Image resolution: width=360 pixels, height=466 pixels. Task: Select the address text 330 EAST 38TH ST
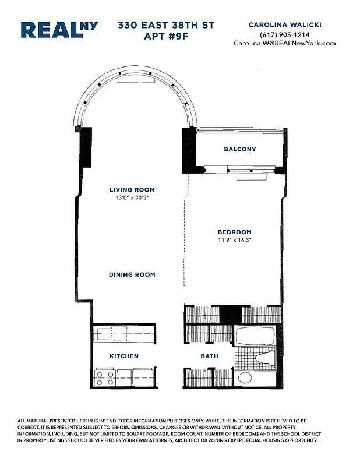click(x=166, y=26)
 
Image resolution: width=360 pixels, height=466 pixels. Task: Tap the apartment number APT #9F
click(x=166, y=37)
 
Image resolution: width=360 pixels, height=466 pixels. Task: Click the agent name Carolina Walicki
click(x=285, y=25)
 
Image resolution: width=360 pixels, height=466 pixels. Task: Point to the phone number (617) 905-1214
click(x=285, y=34)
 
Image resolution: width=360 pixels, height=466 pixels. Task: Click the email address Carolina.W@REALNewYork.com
click(x=285, y=43)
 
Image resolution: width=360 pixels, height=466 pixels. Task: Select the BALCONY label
click(x=239, y=149)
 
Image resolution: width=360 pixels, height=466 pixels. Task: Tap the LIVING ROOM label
click(x=132, y=189)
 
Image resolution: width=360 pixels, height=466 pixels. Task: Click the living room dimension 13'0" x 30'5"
click(x=132, y=198)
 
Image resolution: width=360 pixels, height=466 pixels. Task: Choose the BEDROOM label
click(x=234, y=231)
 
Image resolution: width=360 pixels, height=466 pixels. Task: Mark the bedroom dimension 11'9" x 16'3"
click(x=234, y=240)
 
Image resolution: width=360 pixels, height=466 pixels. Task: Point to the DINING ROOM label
click(x=132, y=274)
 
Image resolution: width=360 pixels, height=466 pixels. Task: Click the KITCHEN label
click(x=124, y=356)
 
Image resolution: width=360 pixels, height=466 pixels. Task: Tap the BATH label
click(x=209, y=356)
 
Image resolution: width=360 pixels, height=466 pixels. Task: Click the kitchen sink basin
click(x=104, y=334)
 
